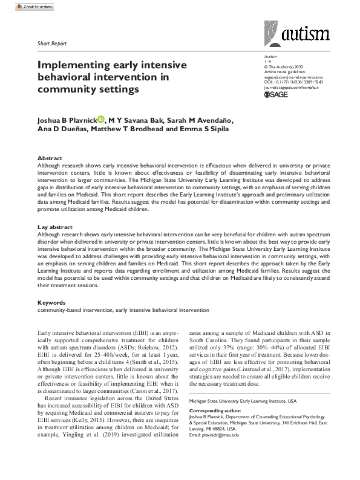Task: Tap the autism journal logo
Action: coord(296,33)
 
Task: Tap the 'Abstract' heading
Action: coord(50,158)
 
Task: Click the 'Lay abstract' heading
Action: coord(55,227)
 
